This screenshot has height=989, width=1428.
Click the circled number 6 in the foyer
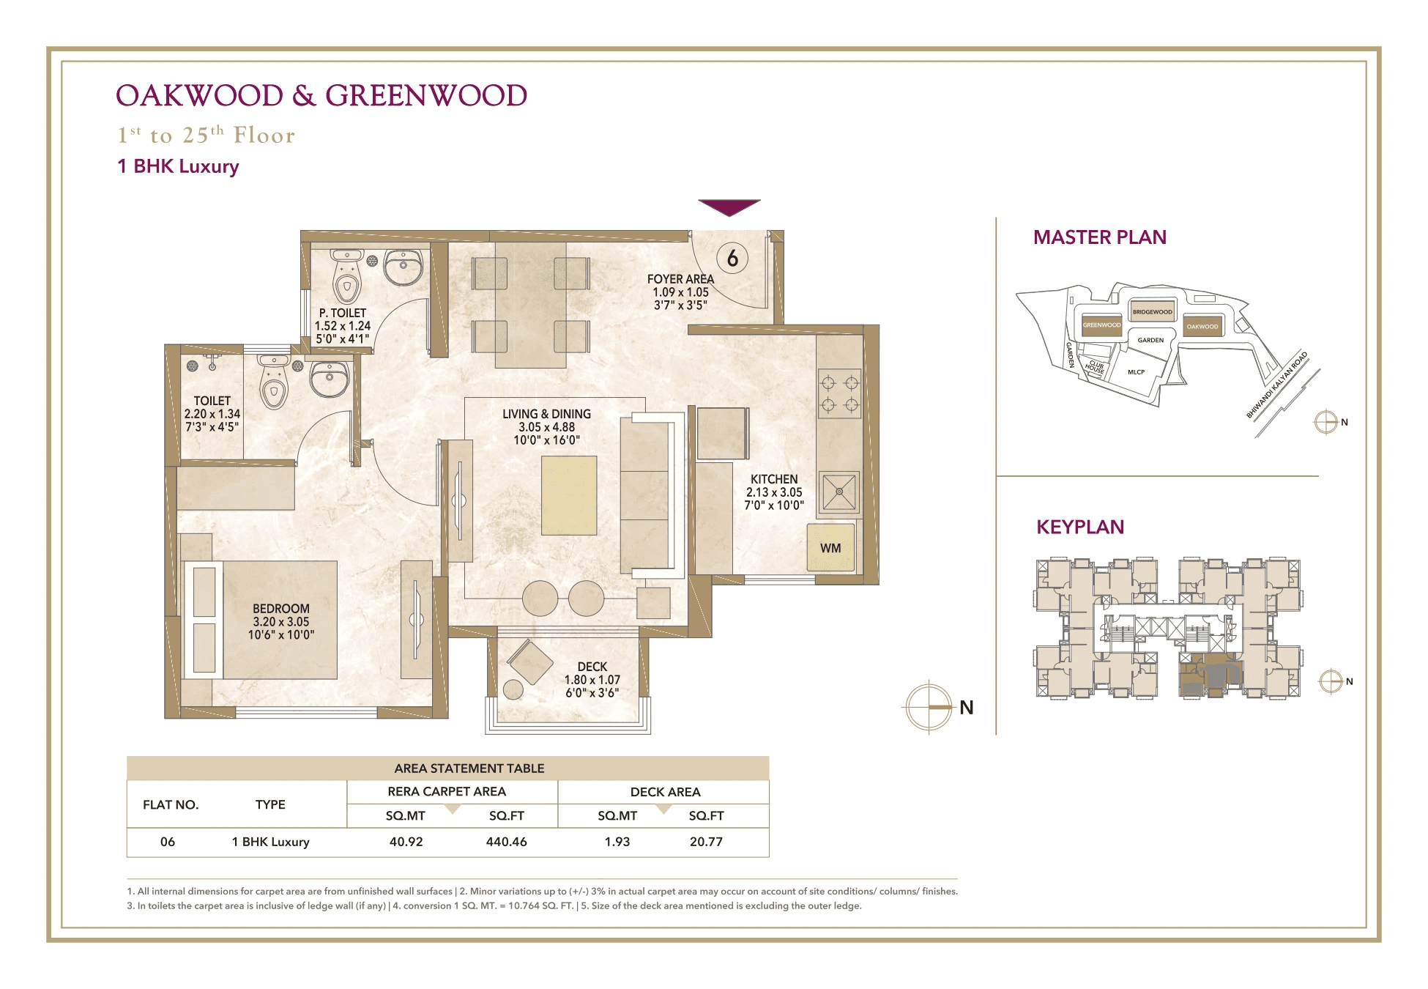(732, 258)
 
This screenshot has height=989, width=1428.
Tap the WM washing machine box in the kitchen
(830, 547)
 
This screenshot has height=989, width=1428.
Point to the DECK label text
(592, 667)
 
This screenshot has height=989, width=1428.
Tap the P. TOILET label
(342, 313)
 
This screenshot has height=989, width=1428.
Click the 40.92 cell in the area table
(406, 842)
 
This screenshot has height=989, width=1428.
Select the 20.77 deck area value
(706, 842)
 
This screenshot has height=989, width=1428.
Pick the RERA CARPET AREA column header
(447, 791)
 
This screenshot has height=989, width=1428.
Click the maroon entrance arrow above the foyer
(729, 207)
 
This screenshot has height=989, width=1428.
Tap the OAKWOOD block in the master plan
(1202, 326)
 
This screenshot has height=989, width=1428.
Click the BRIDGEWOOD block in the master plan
(1152, 311)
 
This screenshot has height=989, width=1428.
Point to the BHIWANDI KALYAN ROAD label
(1276, 385)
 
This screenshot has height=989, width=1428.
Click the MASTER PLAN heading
(1099, 237)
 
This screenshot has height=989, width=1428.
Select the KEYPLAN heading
(1079, 527)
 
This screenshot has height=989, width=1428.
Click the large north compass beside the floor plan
(929, 707)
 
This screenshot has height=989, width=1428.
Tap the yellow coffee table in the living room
(569, 495)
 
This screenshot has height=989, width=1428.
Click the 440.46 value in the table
(506, 842)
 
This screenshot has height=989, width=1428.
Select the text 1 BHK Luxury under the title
(178, 166)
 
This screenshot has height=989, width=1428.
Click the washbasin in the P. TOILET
(403, 267)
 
